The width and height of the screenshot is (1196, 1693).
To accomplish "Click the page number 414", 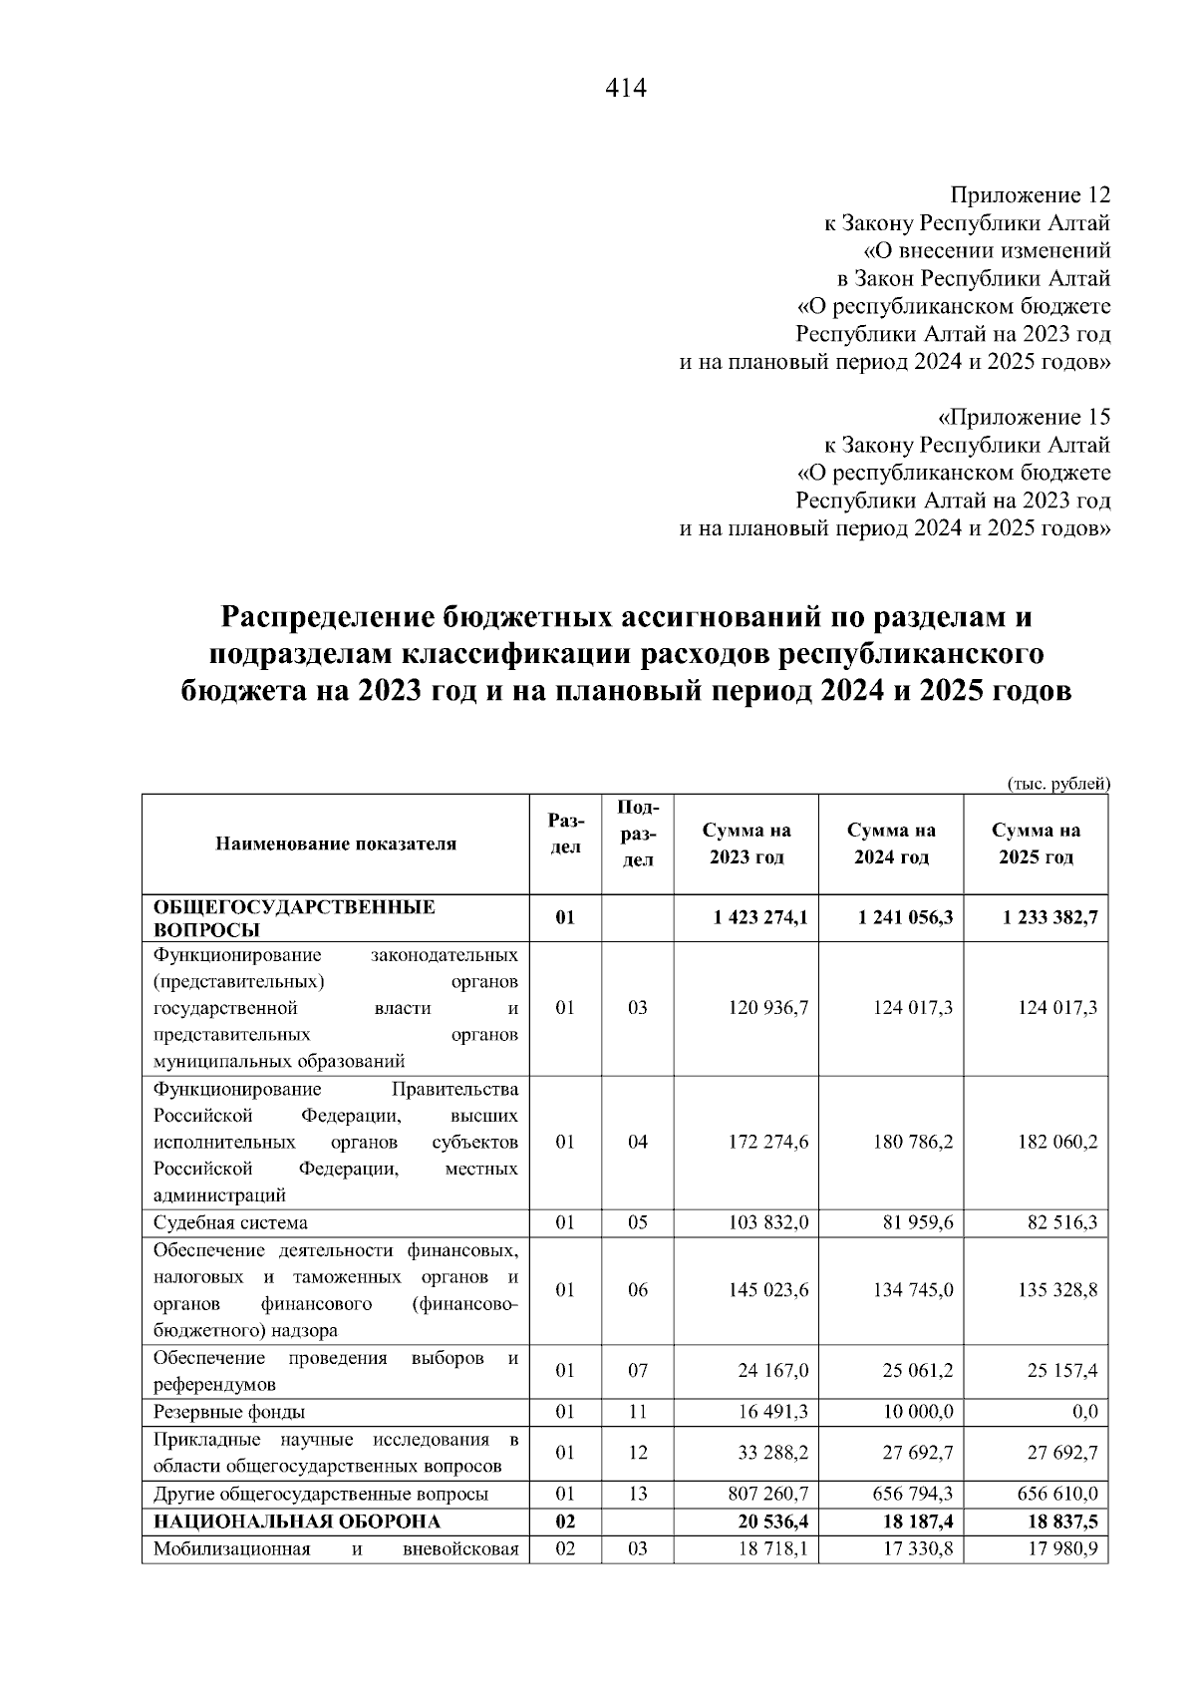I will (x=626, y=89).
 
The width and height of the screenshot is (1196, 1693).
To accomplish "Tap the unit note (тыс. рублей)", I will (x=1058, y=784).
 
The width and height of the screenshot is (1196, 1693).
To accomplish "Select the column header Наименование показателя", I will (x=335, y=844).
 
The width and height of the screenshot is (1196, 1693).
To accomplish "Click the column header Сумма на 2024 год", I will (x=891, y=844).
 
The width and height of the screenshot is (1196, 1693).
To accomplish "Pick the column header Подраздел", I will (x=638, y=833).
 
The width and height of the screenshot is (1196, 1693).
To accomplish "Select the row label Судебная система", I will (x=230, y=1222).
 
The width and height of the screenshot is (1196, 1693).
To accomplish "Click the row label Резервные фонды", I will (x=228, y=1412).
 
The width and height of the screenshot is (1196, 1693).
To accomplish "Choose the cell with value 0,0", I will (x=1085, y=1412).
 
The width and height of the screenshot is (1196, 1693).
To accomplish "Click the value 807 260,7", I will (x=768, y=1494).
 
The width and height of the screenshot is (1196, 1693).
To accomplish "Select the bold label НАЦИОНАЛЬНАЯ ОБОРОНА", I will (x=296, y=1522).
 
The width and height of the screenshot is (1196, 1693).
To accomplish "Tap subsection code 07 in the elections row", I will (x=638, y=1371).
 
